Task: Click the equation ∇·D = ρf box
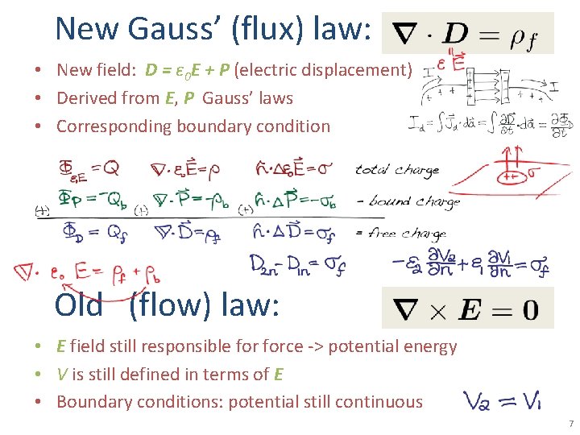[467, 33]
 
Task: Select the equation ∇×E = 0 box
[467, 308]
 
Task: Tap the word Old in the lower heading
[78, 305]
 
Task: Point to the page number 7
[570, 423]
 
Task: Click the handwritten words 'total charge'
[397, 170]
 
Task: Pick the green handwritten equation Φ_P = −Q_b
[95, 198]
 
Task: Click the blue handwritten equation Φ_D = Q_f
[95, 232]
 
